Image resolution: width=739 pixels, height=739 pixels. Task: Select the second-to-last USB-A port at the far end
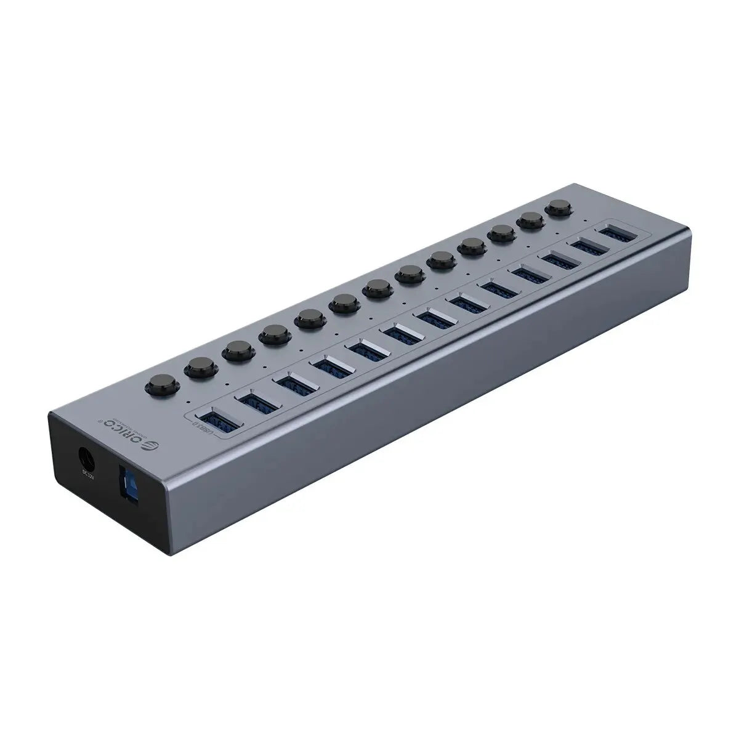coord(588,248)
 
